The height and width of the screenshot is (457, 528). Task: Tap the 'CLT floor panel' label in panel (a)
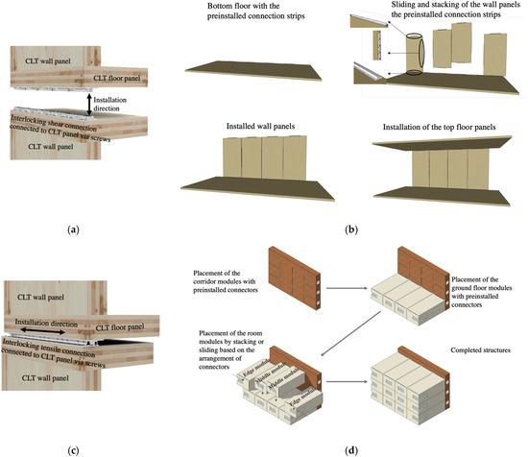click(x=126, y=78)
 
